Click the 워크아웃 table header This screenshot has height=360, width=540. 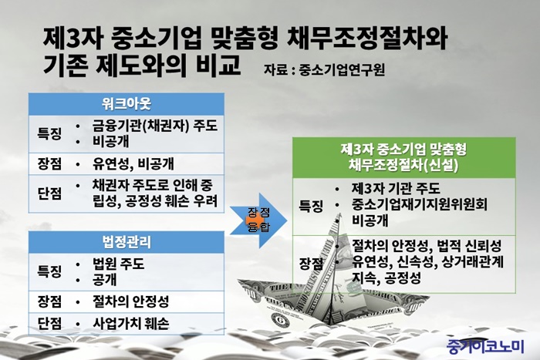126,104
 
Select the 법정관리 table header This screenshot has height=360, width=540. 126,242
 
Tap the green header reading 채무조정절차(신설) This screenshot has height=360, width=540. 404,157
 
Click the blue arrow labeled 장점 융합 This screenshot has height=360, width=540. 258,220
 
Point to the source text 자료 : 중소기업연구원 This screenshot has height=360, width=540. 324,70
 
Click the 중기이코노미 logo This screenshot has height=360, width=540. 485,345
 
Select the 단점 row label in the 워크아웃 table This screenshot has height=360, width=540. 49,193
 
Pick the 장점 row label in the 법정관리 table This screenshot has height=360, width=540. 49,302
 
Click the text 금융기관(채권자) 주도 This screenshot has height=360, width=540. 155,126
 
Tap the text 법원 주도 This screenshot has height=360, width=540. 119,264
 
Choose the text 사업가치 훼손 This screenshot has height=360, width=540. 131,324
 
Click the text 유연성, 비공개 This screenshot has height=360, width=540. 133,164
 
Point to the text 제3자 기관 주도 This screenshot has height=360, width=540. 396,188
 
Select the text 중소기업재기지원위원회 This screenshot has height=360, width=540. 420,204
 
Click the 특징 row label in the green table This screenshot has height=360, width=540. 311,207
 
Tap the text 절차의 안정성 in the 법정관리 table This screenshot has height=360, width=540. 131,302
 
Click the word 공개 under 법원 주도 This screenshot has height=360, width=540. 105,279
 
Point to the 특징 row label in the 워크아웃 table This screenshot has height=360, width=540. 49,133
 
